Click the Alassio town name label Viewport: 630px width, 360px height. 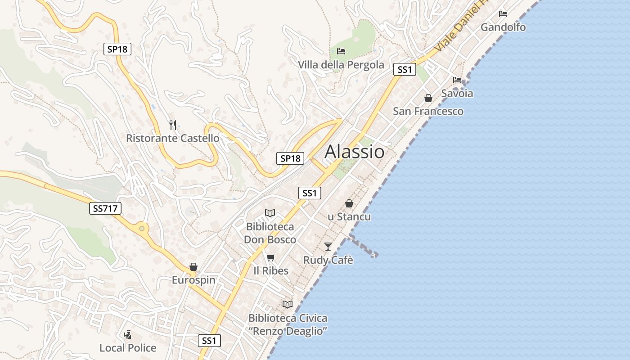click(355, 152)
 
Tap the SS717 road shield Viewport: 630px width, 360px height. click(105, 208)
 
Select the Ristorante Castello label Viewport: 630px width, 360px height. click(172, 138)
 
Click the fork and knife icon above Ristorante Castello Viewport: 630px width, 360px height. click(173, 125)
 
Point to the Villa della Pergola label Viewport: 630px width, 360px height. click(341, 65)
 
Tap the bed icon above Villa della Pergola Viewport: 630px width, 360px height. click(341, 51)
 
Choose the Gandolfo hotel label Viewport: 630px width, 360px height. click(503, 27)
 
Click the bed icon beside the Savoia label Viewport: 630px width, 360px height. click(457, 80)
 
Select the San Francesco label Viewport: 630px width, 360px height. click(428, 111)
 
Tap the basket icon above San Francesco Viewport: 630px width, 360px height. click(428, 98)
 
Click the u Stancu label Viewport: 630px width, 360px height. click(349, 216)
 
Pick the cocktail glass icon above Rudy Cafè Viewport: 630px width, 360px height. click(328, 246)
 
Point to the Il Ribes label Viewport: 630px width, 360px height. click(270, 271)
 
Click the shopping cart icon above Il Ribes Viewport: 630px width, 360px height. click(270, 257)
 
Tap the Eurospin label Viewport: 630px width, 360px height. click(193, 280)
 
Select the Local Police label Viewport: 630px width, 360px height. click(128, 348)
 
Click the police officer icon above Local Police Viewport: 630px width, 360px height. click(128, 334)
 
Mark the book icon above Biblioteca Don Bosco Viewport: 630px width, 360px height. click(270, 213)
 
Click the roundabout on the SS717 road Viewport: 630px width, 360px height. click(142, 229)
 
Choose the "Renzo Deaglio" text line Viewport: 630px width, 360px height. click(288, 331)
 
